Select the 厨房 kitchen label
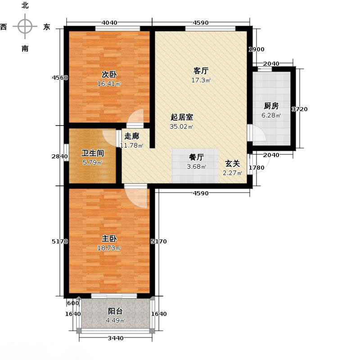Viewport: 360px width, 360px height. click(x=271, y=106)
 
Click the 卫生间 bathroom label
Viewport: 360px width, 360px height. click(x=93, y=153)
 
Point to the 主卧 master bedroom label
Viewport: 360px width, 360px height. click(x=110, y=238)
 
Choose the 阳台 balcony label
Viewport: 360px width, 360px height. click(x=115, y=311)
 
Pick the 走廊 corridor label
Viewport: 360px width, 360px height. click(x=131, y=136)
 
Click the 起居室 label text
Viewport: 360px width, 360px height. click(x=182, y=117)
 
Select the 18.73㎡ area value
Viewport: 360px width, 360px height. click(x=110, y=248)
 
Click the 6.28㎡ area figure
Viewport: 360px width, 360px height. click(x=271, y=116)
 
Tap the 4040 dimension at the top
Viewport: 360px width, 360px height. click(x=109, y=23)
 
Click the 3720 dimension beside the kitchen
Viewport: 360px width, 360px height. click(x=300, y=109)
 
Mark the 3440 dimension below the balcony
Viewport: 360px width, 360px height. click(x=116, y=338)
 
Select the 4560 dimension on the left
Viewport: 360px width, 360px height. click(x=60, y=77)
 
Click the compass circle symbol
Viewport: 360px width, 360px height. click(x=25, y=27)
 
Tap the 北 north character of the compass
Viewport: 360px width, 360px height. click(x=25, y=6)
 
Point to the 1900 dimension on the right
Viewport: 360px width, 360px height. click(x=257, y=49)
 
